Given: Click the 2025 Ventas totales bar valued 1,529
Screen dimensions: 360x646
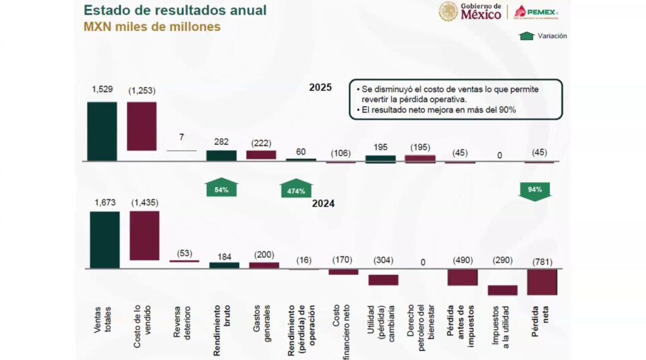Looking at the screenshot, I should pos(102,131).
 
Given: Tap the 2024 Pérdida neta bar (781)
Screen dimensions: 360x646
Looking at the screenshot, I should pos(542,282).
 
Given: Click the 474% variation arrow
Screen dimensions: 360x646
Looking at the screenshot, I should pos(297,189).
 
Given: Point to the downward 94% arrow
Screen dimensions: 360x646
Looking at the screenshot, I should pos(534,190).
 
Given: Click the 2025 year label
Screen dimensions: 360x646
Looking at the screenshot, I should pos(320,88).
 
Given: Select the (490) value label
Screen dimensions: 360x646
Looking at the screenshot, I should pos(463,260).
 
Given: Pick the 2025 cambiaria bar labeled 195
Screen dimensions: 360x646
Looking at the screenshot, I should pos(380,159).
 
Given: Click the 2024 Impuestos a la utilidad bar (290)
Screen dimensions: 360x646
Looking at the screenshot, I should pos(502,290).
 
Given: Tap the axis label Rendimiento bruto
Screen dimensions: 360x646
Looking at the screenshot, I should pos(221,330).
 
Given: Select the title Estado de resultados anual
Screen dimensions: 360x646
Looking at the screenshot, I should pos(175,11).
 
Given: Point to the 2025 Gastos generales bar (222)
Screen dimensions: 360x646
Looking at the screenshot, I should pos(261,154).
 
